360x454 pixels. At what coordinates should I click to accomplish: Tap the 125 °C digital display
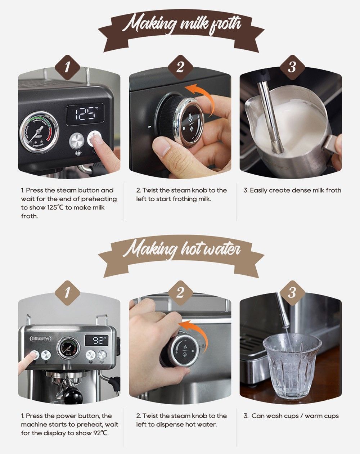85,114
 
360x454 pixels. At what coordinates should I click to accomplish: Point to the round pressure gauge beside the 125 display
39,132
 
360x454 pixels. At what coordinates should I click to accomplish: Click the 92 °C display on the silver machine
96,340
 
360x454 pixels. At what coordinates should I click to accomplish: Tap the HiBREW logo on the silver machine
41,339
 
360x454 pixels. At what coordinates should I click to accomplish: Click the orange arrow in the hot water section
195,332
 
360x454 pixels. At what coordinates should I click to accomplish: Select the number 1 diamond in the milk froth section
67,67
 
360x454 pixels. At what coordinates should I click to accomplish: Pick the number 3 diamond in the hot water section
292,293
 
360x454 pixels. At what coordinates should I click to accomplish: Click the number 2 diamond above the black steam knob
180,67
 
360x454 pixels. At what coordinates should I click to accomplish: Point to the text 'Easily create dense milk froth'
296,190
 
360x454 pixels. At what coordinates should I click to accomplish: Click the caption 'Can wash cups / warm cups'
295,416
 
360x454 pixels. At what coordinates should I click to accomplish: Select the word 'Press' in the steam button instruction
35,190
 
